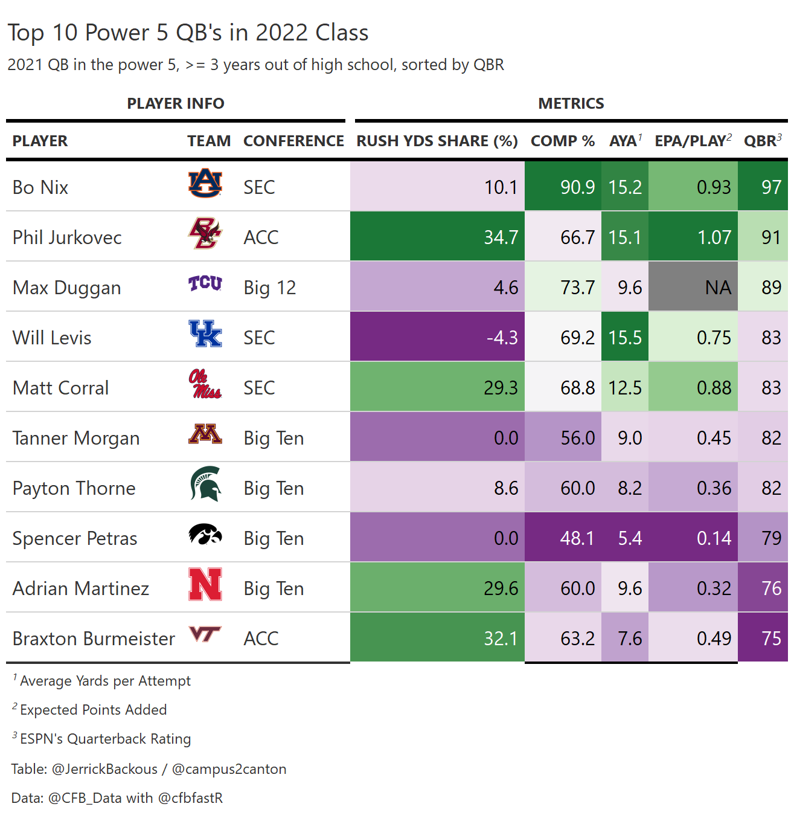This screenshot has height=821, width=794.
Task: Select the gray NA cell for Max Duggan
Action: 693,287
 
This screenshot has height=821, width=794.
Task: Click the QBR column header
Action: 763,141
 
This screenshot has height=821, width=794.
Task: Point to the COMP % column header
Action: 563,141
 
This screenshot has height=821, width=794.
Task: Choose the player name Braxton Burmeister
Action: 94,639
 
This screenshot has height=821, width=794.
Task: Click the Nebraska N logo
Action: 205,584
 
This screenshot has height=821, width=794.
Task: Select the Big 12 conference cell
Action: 270,288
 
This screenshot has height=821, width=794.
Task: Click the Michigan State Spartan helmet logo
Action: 205,484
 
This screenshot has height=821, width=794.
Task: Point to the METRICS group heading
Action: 571,103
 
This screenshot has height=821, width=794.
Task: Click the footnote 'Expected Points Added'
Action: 93,710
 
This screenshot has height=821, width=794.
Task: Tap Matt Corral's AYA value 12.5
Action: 625,387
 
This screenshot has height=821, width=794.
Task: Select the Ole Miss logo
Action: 205,384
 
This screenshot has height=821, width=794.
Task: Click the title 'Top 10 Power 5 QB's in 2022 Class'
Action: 188,33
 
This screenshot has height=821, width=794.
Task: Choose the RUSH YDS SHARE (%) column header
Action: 437,141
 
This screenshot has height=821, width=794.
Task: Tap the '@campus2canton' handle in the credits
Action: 229,769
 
